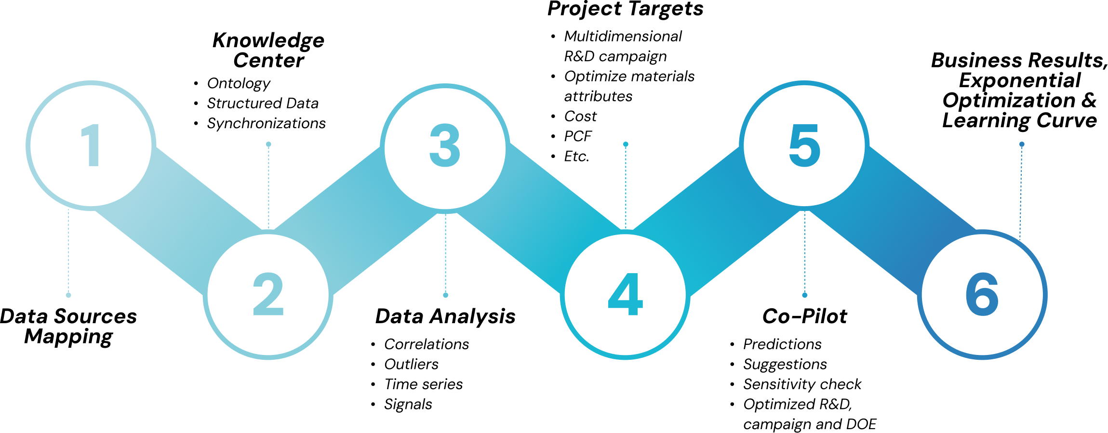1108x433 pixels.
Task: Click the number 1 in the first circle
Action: click(92, 145)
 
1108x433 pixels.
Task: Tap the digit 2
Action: click(268, 294)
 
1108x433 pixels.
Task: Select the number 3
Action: click(445, 145)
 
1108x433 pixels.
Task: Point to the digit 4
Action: click(625, 294)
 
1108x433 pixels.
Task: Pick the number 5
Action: click(804, 145)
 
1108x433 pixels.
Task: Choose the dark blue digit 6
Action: click(982, 294)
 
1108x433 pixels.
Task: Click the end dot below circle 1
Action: click(68, 295)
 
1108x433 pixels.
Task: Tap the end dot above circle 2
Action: click(268, 144)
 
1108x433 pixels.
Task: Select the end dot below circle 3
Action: click(445, 295)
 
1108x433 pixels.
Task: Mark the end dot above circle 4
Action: click(626, 144)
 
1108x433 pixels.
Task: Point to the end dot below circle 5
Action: click(804, 295)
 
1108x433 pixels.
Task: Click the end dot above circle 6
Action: click(1022, 144)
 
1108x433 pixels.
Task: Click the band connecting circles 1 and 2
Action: click(178, 219)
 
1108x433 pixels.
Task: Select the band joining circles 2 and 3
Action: click(357, 219)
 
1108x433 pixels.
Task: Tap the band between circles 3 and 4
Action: click(535, 219)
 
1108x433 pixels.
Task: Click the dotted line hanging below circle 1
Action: click(68, 250)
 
